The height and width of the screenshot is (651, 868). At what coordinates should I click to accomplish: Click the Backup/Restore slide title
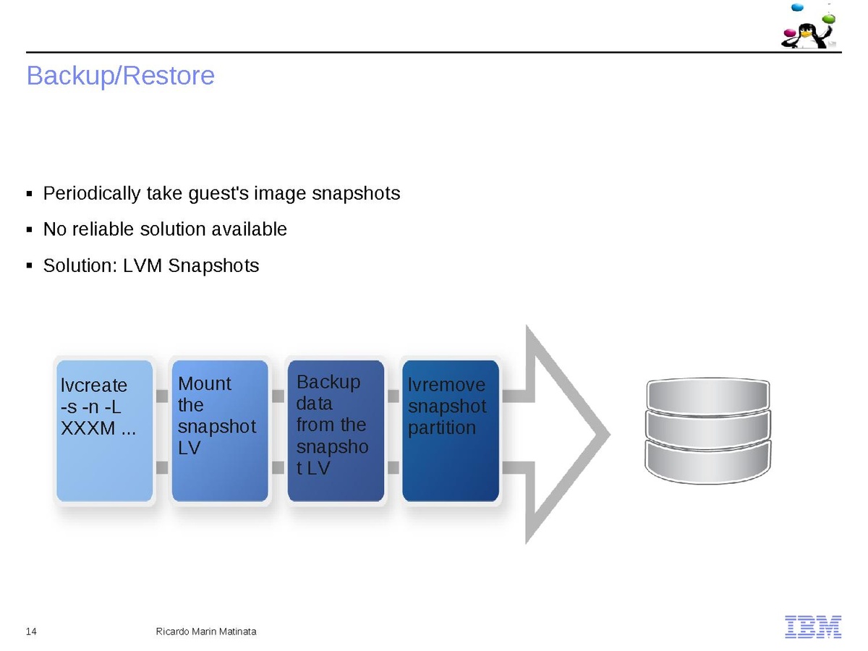click(x=120, y=76)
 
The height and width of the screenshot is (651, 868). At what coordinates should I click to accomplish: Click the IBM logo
click(x=813, y=626)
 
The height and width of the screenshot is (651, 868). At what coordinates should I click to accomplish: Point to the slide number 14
click(x=31, y=631)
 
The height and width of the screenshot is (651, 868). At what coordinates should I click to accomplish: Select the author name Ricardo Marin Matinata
click(x=206, y=631)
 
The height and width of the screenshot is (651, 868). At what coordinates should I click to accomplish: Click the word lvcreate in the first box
click(x=94, y=386)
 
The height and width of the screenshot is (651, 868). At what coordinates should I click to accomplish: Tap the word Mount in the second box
click(x=205, y=383)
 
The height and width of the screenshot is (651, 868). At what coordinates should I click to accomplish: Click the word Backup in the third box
click(x=328, y=382)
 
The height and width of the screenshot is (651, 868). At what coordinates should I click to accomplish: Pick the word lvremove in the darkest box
click(x=447, y=385)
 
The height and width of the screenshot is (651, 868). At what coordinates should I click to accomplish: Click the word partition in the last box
click(x=442, y=427)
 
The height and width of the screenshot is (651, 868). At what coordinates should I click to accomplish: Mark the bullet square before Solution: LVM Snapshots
click(x=30, y=266)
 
